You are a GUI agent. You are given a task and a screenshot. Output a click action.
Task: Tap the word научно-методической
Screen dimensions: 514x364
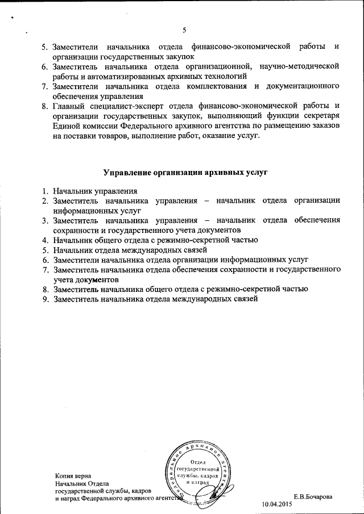click(299, 66)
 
